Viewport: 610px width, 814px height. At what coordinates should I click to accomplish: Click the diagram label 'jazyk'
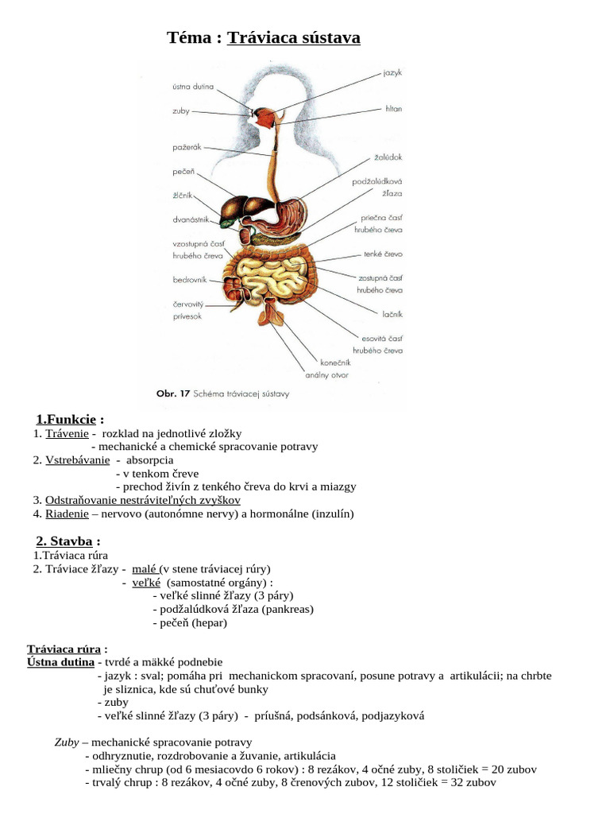coord(392,73)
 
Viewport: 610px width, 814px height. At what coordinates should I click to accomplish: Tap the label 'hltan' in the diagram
coord(393,108)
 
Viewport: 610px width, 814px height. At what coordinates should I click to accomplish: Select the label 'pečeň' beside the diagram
coord(183,171)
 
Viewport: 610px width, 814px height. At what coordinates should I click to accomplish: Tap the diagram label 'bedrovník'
coord(190,280)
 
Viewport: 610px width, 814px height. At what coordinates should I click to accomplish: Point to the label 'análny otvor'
coord(326,374)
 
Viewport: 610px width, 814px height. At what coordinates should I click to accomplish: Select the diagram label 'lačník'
coord(392,314)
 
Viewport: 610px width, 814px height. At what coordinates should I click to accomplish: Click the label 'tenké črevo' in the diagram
coord(383,254)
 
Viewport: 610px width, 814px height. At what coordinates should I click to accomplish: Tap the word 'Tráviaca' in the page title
coord(257,37)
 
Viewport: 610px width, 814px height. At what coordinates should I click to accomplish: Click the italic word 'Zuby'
coord(66,742)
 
